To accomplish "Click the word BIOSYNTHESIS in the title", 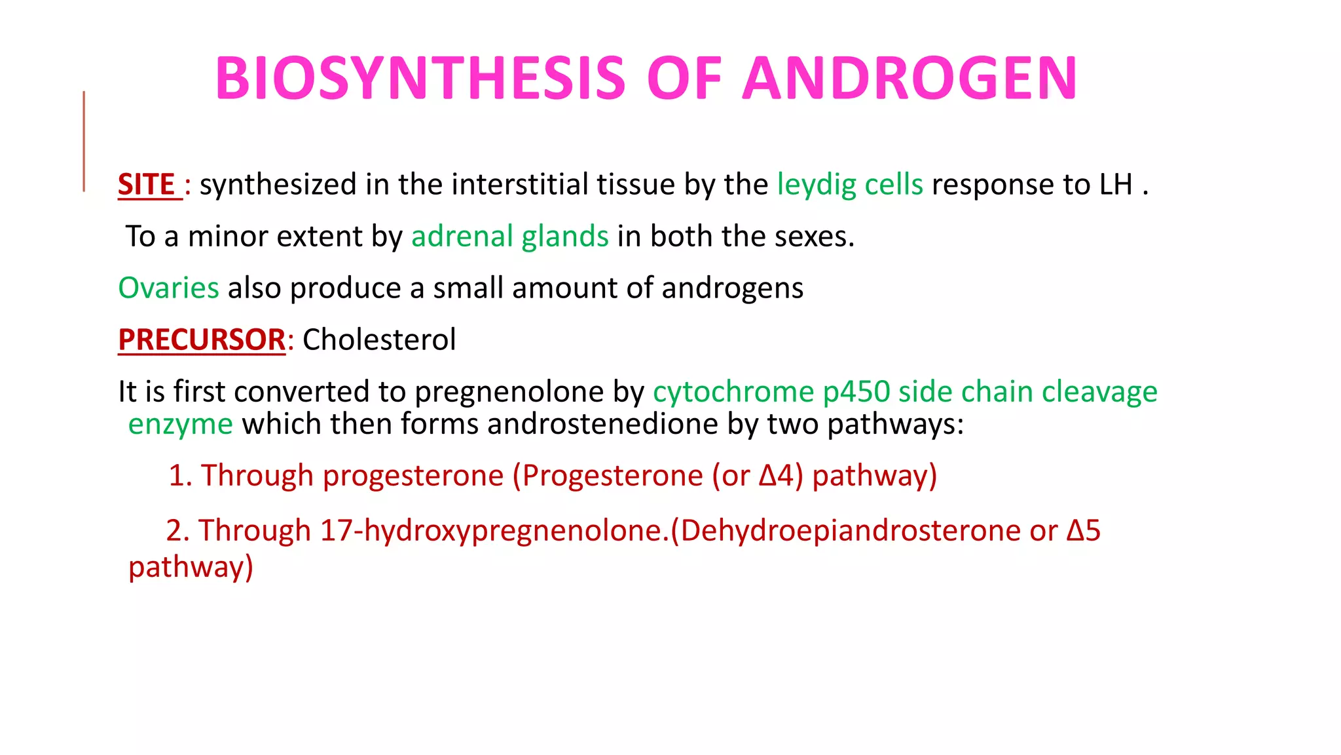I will point(420,79).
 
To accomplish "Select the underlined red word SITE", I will point(147,185).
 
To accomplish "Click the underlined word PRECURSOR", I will point(202,339).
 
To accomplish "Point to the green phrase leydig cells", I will point(850,185).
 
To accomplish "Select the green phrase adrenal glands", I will point(509,237).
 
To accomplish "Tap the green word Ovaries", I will point(168,288).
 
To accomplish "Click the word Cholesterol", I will point(379,339).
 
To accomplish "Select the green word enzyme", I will point(180,424).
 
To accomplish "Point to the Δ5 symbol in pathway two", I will point(1083,530).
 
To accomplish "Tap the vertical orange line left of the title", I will point(84,142).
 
